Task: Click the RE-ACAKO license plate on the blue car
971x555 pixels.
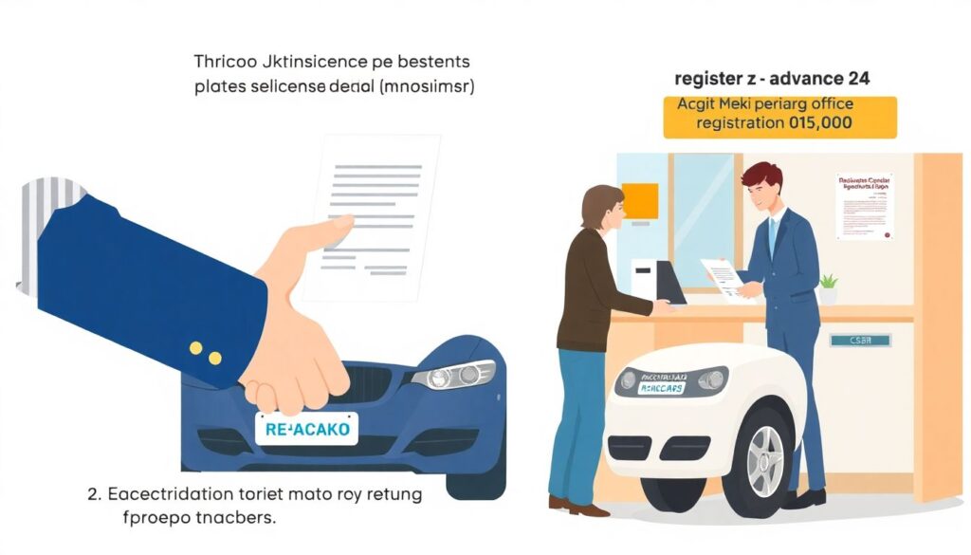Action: pos(306,429)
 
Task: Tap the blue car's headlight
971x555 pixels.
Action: pos(453,375)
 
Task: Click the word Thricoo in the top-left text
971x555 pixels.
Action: pos(225,62)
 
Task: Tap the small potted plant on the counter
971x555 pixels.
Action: pos(828,288)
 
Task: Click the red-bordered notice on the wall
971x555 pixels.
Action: pos(865,205)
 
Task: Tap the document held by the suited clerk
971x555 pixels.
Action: pos(724,276)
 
